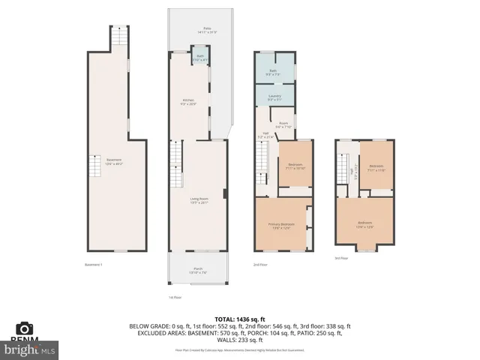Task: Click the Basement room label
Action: pyautogui.click(x=114, y=160)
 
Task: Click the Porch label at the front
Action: pyautogui.click(x=198, y=271)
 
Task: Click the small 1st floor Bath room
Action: pyautogui.click(x=200, y=57)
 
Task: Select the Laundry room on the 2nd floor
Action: pyautogui.click(x=274, y=97)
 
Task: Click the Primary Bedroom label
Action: pyautogui.click(x=281, y=226)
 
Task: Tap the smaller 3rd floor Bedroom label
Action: pyautogui.click(x=376, y=167)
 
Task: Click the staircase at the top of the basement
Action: pyautogui.click(x=118, y=37)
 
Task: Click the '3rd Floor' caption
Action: pyautogui.click(x=341, y=258)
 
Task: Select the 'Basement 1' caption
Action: pyautogui.click(x=94, y=264)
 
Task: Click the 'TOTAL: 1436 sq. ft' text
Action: pyautogui.click(x=240, y=319)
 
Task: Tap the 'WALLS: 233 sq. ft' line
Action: pyautogui.click(x=240, y=341)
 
